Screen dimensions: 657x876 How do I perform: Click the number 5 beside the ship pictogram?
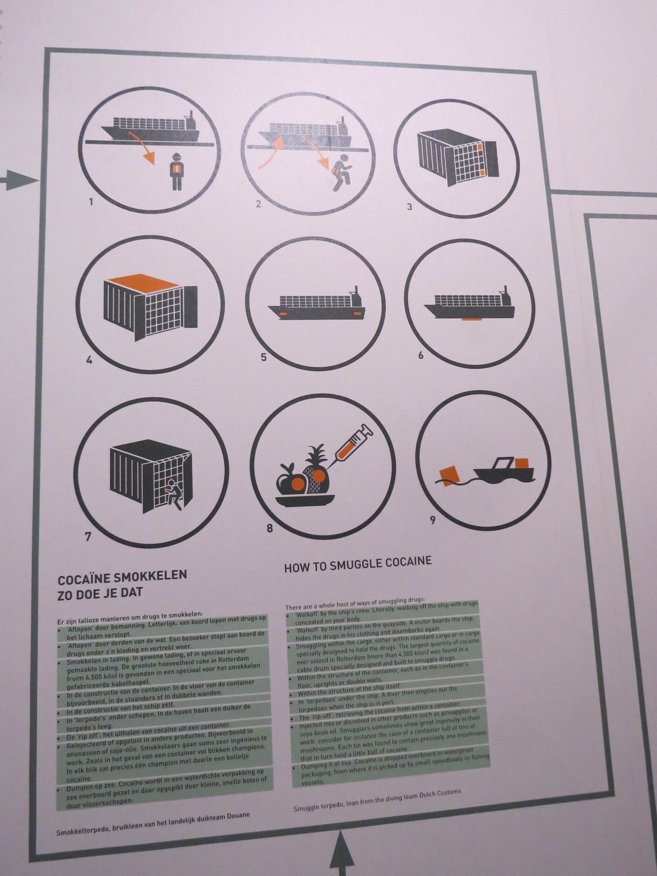pos(264,357)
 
